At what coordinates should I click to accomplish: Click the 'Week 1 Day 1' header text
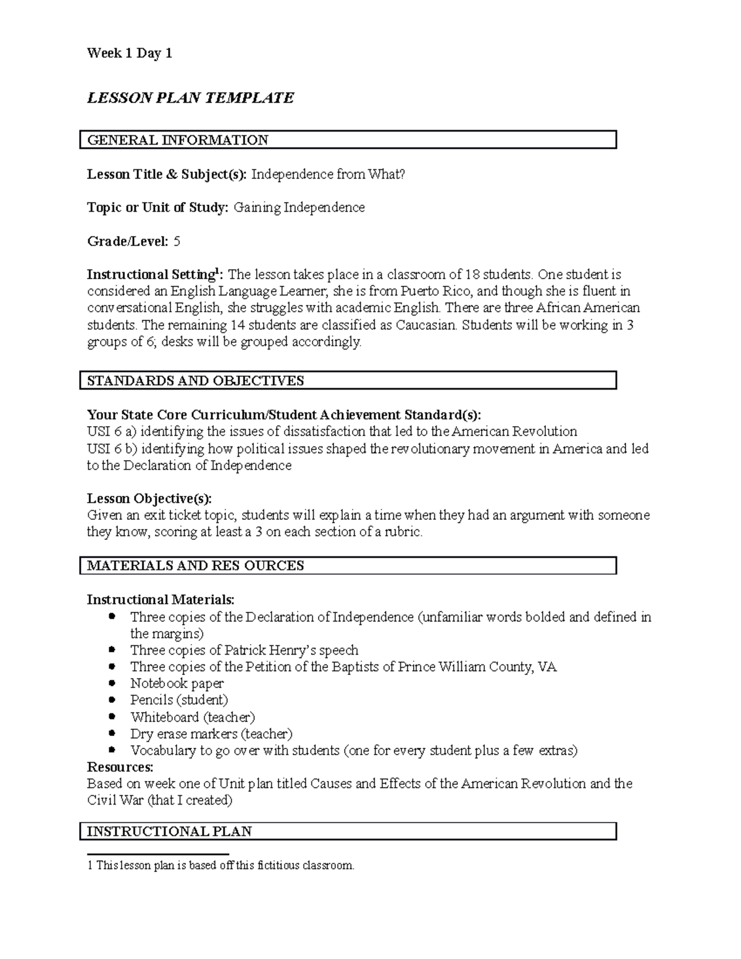(129, 54)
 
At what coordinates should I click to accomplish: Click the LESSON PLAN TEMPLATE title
(190, 98)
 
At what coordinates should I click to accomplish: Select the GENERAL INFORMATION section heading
(177, 140)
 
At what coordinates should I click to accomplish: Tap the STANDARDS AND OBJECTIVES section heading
(195, 380)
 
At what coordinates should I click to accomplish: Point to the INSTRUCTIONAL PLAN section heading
(169, 831)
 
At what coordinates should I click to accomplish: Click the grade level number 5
(177, 241)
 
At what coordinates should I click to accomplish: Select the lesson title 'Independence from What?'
(328, 175)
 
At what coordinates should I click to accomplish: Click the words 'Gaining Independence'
(299, 207)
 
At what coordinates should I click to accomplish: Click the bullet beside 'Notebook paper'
(112, 683)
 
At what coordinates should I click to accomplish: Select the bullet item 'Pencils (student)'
(179, 700)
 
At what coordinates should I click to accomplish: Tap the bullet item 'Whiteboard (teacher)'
(193, 717)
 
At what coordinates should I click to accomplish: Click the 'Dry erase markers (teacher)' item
(211, 734)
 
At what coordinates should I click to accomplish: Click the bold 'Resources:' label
(120, 767)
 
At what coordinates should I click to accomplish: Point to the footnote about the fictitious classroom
(221, 865)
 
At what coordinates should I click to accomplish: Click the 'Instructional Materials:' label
(161, 600)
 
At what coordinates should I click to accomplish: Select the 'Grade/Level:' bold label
(127, 241)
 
